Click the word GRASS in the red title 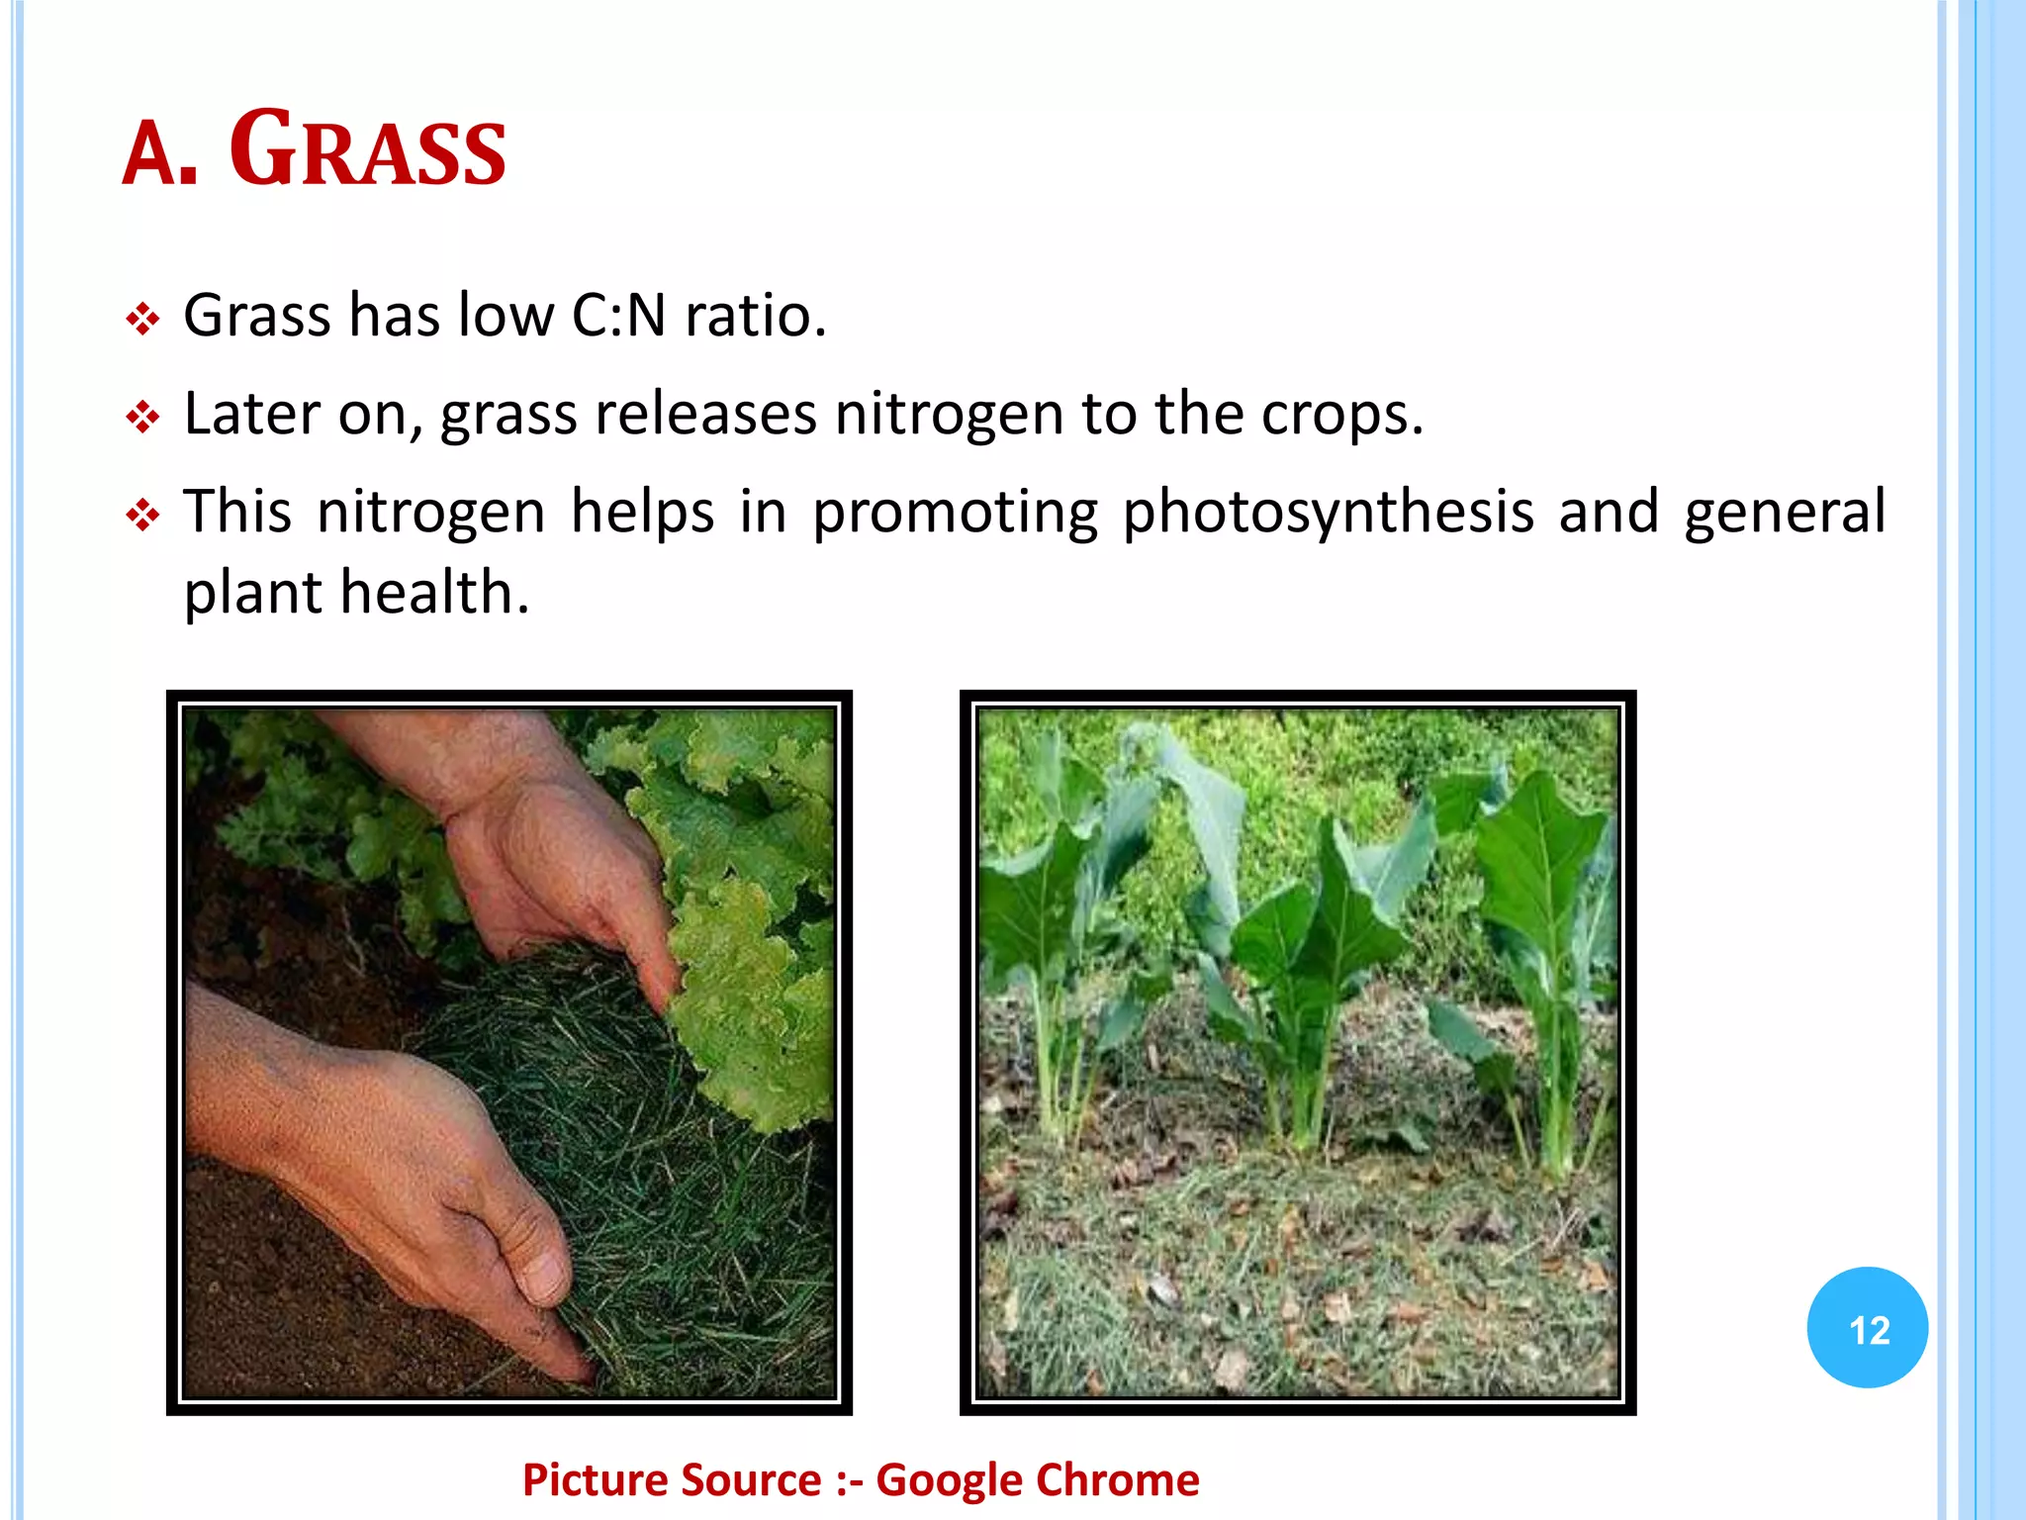(x=368, y=150)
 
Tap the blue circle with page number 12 (x=1867, y=1328)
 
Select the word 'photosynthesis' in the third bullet (x=1328, y=513)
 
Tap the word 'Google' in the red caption (x=949, y=1479)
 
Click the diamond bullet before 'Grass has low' (x=142, y=320)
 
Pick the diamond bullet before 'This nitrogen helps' (x=142, y=516)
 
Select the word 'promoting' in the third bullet (x=955, y=513)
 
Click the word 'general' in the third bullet (x=1785, y=513)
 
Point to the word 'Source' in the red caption (x=751, y=1479)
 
